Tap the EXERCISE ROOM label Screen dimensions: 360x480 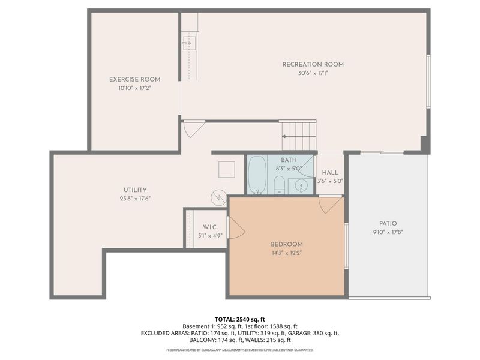tap(134, 79)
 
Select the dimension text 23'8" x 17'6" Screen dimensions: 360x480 tap(134, 199)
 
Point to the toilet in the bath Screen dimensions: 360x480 tap(280, 185)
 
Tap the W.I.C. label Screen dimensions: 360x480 tap(209, 227)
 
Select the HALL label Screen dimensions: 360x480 tap(330, 172)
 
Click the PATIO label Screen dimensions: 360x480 tap(388, 223)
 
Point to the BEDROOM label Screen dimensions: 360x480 tap(286, 244)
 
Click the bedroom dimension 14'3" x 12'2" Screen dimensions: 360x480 tap(286, 253)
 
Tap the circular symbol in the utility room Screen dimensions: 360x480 tap(218, 196)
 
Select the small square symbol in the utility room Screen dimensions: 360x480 tap(227, 170)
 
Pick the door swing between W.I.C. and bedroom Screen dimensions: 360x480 tap(236, 227)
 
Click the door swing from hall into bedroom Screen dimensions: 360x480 tap(329, 205)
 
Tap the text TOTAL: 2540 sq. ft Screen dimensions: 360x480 tap(239, 319)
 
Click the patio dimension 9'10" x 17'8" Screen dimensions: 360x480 tap(388, 232)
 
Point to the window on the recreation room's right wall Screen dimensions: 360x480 tap(428, 81)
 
